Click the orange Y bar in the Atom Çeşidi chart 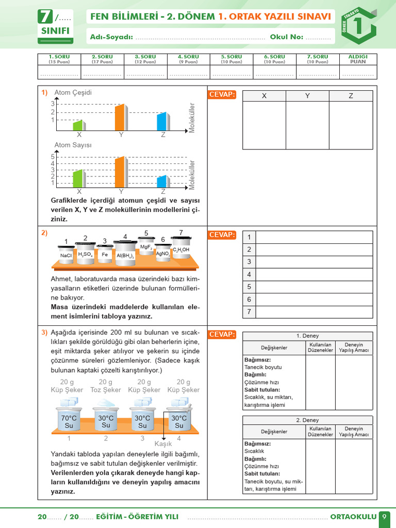tap(120, 118)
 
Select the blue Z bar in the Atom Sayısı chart tap(162, 181)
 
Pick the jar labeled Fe tap(105, 254)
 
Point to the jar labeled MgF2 tap(146, 246)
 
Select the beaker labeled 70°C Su tap(69, 421)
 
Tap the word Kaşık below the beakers tap(163, 443)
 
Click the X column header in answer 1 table tap(264, 96)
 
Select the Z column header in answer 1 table tap(351, 96)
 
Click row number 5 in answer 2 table tap(249, 287)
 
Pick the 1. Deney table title tap(307, 336)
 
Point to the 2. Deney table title tap(307, 420)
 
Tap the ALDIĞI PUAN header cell tap(358, 59)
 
